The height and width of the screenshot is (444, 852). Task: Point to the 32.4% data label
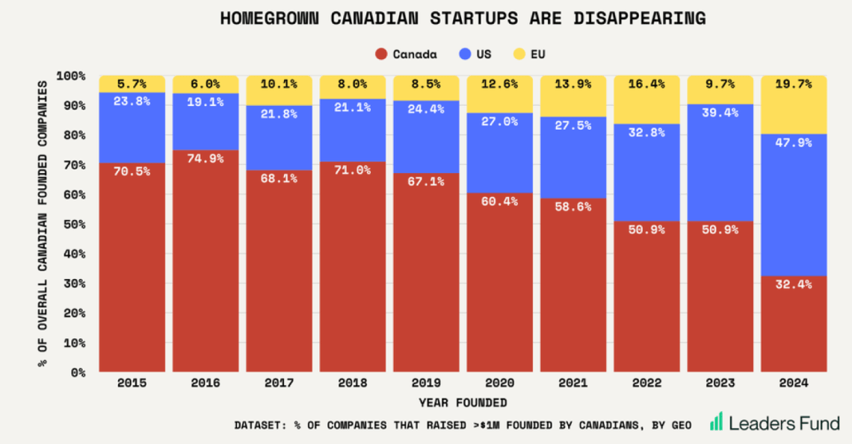coord(794,284)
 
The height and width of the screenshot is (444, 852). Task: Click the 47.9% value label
coord(794,143)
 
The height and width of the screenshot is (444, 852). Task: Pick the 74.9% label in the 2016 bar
coord(206,158)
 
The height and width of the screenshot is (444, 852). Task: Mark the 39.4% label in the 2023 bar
coord(720,112)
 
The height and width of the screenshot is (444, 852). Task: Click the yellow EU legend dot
coord(519,54)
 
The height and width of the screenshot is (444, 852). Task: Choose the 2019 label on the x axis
coord(426,383)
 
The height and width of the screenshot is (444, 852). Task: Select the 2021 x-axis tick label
coord(573,383)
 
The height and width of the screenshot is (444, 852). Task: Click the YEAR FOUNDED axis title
coord(463,403)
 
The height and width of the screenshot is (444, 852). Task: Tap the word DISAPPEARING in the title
coord(638,18)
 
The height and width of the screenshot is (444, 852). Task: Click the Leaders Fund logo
coord(774,422)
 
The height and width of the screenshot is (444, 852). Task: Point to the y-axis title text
coord(43,224)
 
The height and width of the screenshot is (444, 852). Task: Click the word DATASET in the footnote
coord(259,425)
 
